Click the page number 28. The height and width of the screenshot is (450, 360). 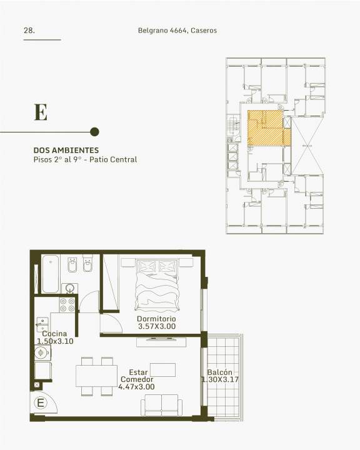pos(29,31)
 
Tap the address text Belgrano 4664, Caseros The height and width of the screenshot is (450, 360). pos(177,31)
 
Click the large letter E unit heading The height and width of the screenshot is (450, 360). pos(41,112)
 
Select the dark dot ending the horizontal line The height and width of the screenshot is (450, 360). pos(94,132)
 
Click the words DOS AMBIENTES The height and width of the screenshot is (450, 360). pos(66,150)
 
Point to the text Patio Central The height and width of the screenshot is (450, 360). pos(113,159)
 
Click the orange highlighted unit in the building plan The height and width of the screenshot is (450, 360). pos(269,128)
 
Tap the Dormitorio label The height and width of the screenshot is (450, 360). pos(156,319)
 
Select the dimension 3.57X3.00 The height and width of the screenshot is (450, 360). pos(157,326)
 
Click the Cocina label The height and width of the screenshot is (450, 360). pos(54,334)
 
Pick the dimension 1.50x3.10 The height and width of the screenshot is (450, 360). pos(55,341)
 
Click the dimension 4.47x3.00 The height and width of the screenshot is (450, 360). pos(137,387)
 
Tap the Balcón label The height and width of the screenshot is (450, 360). pos(219,372)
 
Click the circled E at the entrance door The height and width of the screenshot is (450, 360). pos(41,402)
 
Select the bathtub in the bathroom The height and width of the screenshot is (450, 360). pos(51,274)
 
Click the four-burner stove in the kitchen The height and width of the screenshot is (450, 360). pos(67,305)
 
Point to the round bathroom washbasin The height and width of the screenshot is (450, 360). pos(70,288)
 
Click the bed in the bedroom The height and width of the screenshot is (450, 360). pos(157,285)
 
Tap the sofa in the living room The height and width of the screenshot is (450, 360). pos(162,405)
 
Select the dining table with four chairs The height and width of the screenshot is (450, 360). pos(96,376)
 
